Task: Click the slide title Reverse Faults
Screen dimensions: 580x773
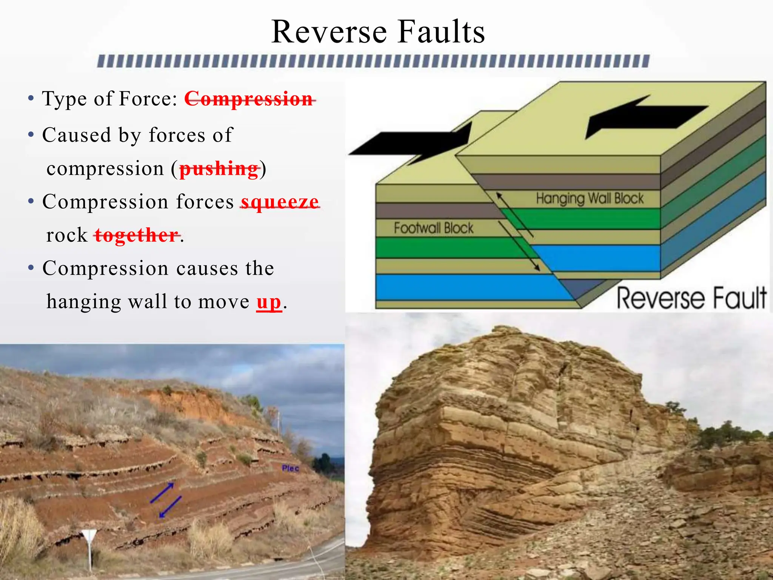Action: point(378,32)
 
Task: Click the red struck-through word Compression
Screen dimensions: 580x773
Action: point(249,99)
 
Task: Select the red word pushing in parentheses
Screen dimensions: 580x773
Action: point(219,169)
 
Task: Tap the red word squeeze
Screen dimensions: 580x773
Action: point(280,202)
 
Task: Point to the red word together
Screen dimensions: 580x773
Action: point(137,235)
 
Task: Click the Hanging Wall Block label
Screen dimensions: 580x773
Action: point(590,199)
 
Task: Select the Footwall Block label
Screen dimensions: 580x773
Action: point(433,228)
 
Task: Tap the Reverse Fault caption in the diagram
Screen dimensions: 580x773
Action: point(691,298)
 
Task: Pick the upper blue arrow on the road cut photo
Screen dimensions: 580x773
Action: point(162,492)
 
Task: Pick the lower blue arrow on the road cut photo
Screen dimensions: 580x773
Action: point(170,507)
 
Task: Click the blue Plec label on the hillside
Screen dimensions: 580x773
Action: point(290,468)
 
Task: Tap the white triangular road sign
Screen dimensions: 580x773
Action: point(89,536)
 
